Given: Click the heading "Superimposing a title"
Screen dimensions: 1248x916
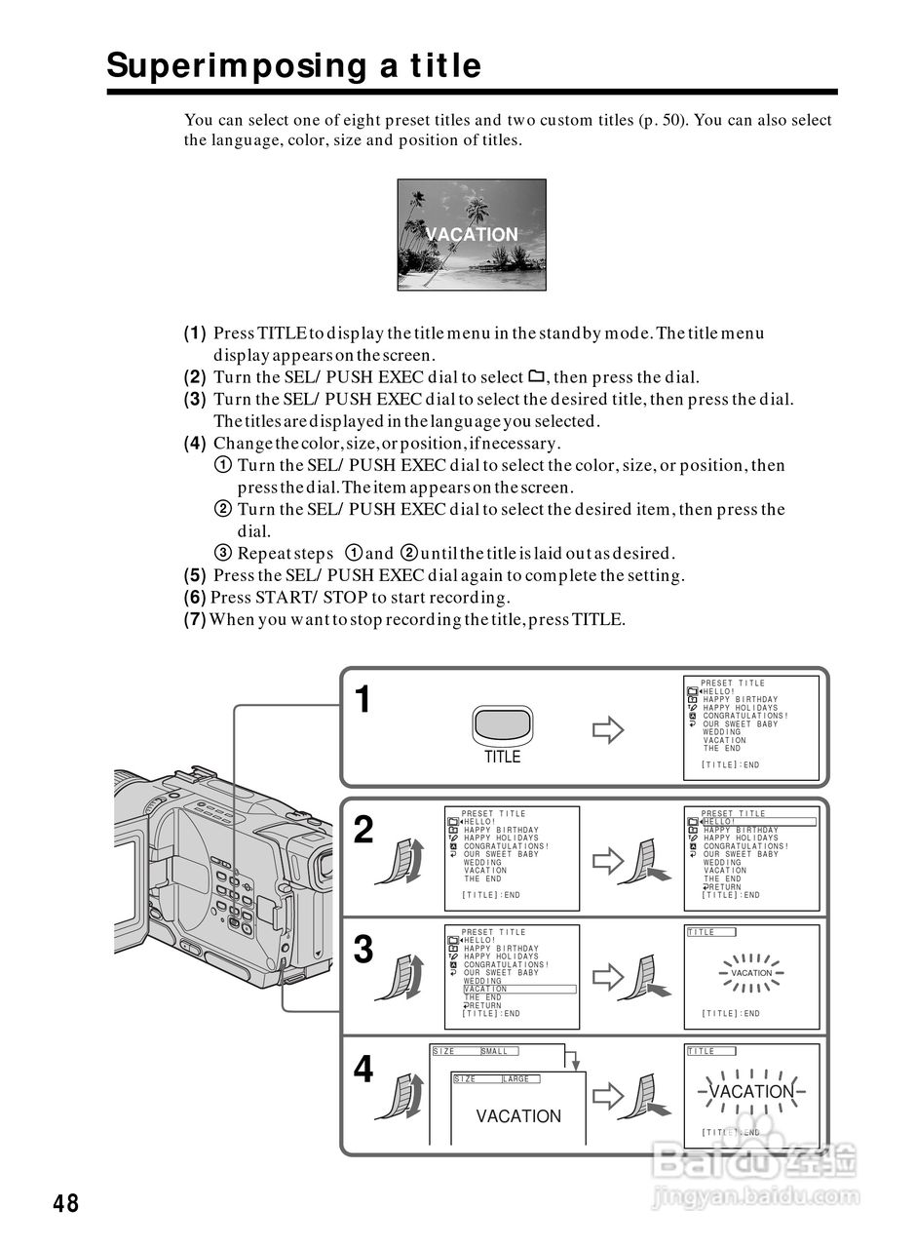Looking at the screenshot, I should click(x=293, y=66).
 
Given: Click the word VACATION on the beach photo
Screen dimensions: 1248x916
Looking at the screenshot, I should click(x=473, y=235).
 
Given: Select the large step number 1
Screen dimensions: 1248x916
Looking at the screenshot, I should click(x=363, y=700).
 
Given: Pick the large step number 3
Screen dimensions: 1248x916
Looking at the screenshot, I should click(x=363, y=950).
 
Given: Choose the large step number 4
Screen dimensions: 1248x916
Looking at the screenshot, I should click(x=363, y=1071).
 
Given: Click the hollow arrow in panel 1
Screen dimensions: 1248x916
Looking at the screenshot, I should click(x=608, y=729).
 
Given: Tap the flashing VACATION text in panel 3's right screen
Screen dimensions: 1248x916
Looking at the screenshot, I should click(x=751, y=973).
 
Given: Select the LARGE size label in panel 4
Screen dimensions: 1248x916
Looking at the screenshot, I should click(x=517, y=1079).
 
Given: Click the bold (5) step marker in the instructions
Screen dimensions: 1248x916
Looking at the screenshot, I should click(x=195, y=575).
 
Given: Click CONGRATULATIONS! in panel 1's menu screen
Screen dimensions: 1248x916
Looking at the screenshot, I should click(x=745, y=717).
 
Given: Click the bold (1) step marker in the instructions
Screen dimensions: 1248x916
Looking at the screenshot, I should click(x=195, y=333).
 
